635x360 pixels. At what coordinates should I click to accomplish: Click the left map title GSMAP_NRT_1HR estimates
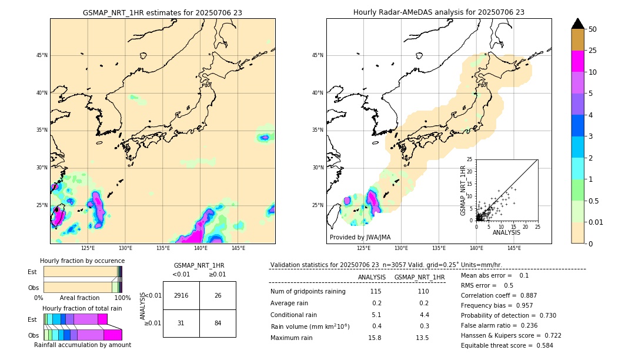pos(162,12)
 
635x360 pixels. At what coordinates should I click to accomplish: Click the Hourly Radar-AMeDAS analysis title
pos(439,12)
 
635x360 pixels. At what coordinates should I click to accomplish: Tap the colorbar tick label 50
pos(593,29)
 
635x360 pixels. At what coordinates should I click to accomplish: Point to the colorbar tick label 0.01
pos(594,222)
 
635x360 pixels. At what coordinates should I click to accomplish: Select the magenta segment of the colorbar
pos(578,61)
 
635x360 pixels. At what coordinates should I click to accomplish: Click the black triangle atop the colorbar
pos(578,24)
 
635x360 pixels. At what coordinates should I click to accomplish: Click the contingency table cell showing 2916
pos(181,295)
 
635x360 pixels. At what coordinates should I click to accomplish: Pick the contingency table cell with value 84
pos(218,323)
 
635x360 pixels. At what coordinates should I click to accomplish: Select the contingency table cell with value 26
pos(218,295)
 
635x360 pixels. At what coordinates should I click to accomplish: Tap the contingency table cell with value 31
pos(181,323)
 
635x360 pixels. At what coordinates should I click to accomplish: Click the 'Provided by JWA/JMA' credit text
pos(360,237)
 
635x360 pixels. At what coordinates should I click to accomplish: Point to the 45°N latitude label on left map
pos(42,55)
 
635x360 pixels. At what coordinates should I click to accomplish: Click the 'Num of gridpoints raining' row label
pos(308,291)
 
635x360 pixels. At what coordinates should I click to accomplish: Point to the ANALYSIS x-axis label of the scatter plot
pos(506,232)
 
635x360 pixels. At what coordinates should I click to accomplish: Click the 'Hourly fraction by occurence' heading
pos(82,261)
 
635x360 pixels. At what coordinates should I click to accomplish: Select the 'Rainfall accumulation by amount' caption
pos(82,345)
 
